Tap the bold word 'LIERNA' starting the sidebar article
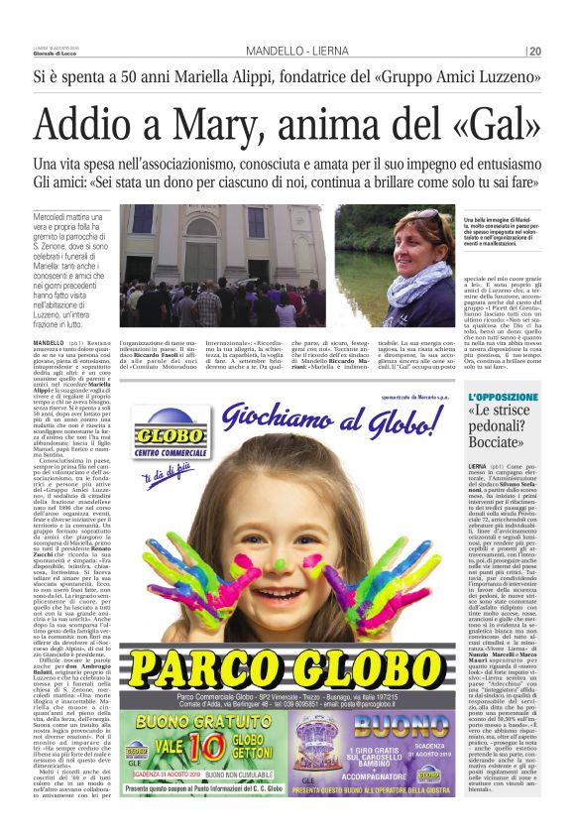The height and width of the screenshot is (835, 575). coord(477,465)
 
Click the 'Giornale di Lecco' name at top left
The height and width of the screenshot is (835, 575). coord(56,54)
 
